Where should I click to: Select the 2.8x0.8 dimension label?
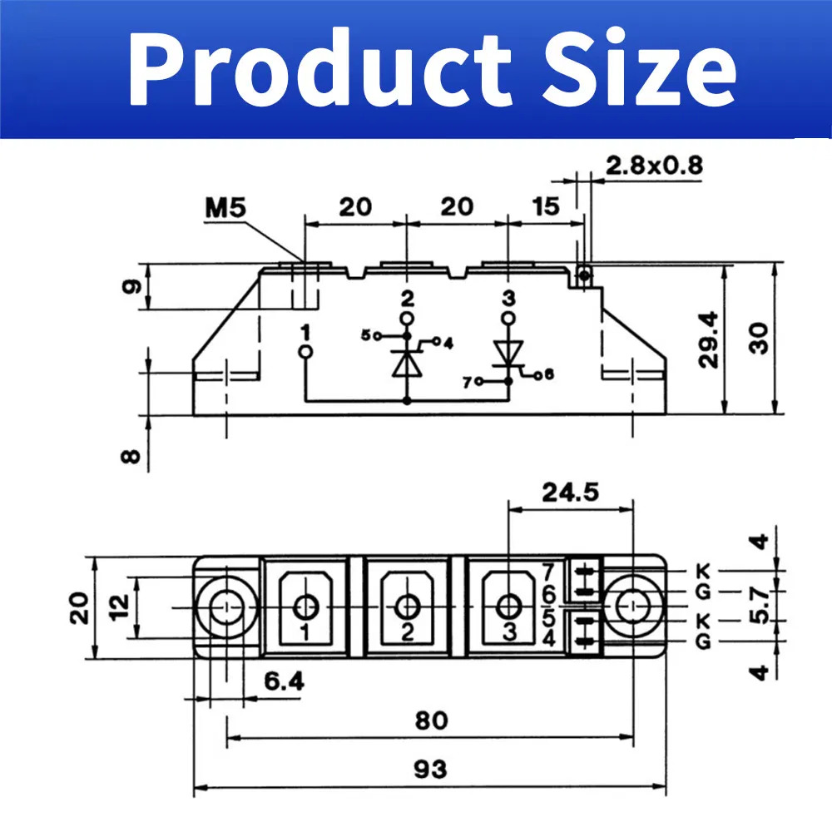[653, 165]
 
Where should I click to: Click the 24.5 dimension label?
[570, 493]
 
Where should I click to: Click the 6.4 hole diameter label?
[284, 681]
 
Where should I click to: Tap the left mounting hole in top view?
[225, 607]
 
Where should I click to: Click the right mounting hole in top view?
[636, 607]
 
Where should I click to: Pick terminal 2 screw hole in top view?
[407, 606]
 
